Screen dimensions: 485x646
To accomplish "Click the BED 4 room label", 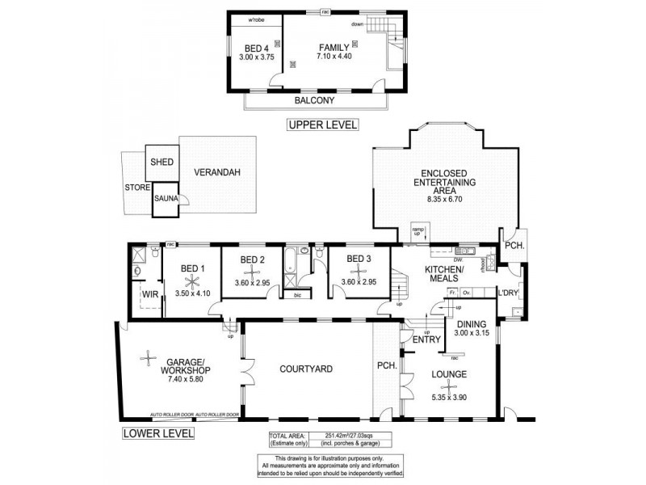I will tap(255, 48).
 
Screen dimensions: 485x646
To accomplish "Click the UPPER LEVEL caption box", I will tap(321, 125).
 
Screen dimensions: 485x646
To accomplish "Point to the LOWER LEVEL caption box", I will tap(158, 432).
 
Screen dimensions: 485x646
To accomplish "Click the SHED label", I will tap(162, 162).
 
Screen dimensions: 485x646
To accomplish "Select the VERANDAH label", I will tap(217, 172).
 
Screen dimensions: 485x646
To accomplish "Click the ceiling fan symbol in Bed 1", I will tap(191, 281).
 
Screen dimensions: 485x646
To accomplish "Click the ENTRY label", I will tap(425, 339).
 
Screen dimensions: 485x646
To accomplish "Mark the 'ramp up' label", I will tap(418, 230).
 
